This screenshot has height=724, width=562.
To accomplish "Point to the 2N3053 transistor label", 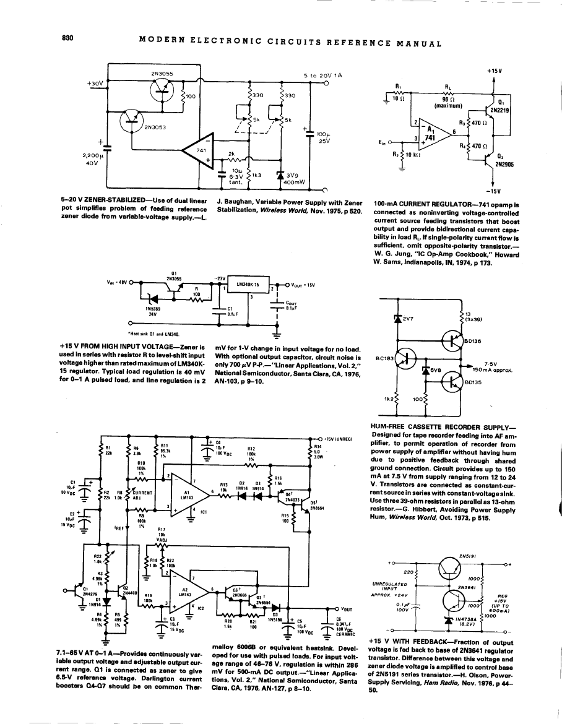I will (154, 128).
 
